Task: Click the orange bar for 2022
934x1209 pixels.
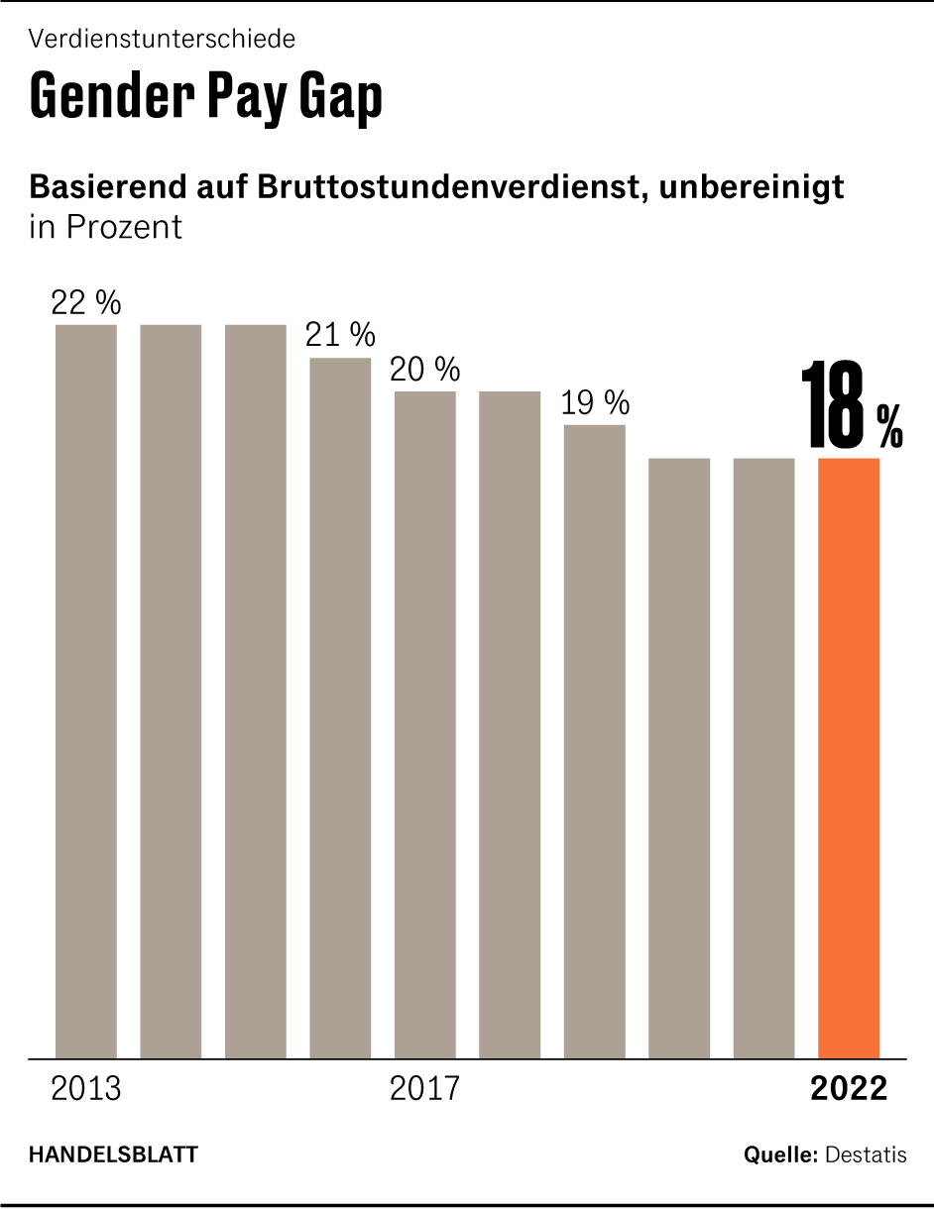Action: click(x=849, y=758)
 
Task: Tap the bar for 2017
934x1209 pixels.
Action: click(x=425, y=724)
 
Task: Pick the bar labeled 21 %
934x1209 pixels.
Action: click(x=340, y=708)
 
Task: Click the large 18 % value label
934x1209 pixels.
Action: click(x=850, y=406)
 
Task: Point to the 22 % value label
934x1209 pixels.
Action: click(x=86, y=303)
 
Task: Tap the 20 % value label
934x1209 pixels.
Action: click(x=425, y=370)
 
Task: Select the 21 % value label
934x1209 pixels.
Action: click(x=340, y=336)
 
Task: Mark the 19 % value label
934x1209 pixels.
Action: click(x=595, y=403)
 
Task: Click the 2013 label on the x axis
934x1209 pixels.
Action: click(x=86, y=1088)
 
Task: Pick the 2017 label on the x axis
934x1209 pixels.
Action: click(x=425, y=1088)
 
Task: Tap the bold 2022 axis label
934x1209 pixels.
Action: click(x=849, y=1088)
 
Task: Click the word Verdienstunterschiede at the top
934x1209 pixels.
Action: click(x=162, y=40)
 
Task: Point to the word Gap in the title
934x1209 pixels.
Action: click(x=340, y=97)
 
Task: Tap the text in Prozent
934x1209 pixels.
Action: click(x=106, y=227)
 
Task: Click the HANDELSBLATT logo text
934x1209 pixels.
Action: click(x=113, y=1154)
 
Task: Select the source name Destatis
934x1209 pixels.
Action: click(x=866, y=1154)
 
